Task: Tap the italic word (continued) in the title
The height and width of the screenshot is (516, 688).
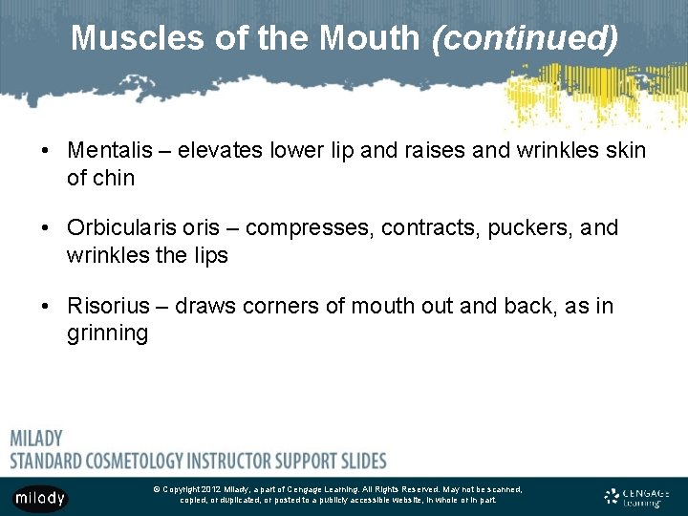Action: click(x=525, y=38)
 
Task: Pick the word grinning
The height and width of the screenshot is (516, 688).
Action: click(x=107, y=333)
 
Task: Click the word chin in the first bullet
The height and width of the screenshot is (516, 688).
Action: click(x=114, y=178)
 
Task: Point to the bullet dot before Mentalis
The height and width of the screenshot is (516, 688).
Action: click(x=45, y=152)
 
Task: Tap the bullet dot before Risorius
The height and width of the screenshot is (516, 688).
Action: click(x=45, y=307)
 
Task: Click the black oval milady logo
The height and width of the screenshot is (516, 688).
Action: click(x=40, y=497)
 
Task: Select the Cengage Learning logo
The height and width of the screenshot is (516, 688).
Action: click(x=637, y=496)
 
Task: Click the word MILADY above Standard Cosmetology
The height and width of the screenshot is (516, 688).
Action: click(x=36, y=439)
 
